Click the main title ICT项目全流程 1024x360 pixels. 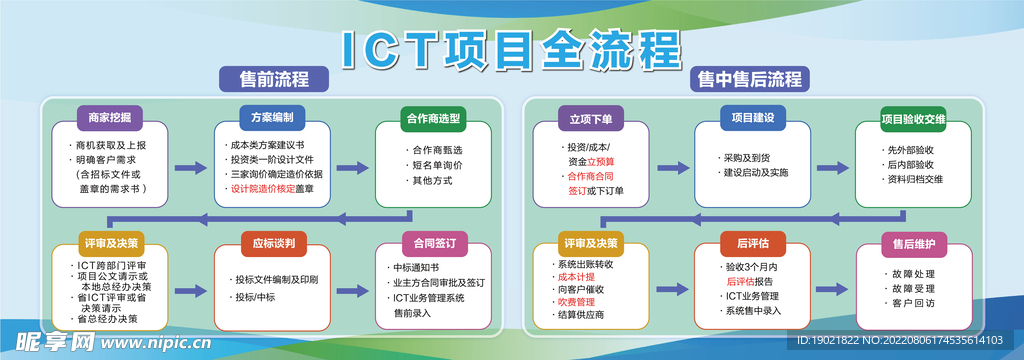tap(512, 50)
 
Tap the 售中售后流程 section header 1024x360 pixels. tap(750, 79)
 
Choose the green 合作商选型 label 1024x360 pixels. tap(433, 118)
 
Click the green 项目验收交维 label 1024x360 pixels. tap(913, 118)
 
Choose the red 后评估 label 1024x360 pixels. tap(753, 243)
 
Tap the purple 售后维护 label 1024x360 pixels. tap(913, 243)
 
